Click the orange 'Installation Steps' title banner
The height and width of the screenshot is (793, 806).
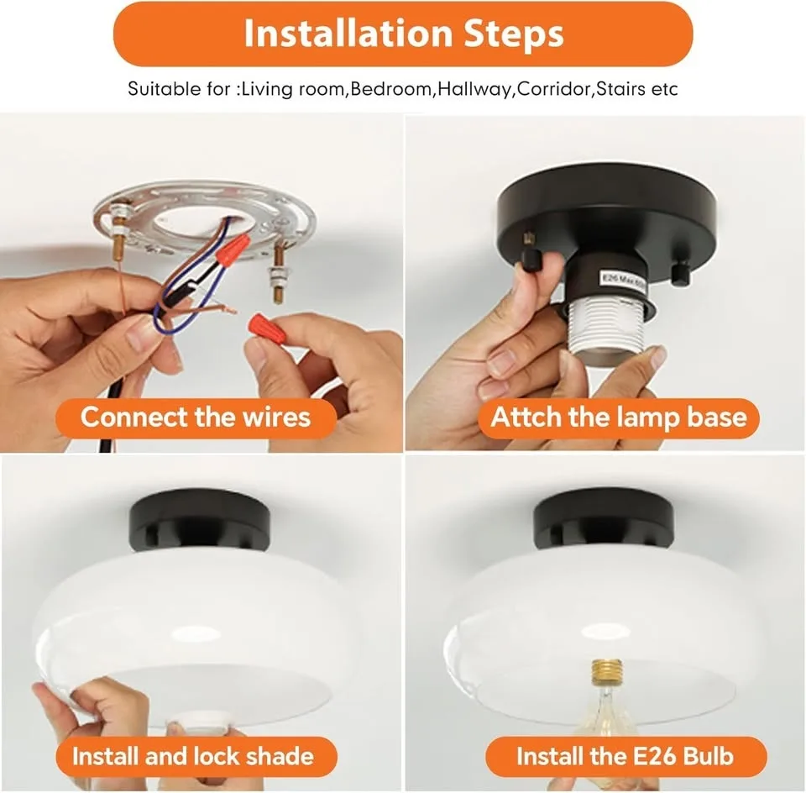(x=403, y=34)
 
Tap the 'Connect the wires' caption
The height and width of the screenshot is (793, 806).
(x=196, y=417)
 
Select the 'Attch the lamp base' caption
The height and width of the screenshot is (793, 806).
(x=619, y=417)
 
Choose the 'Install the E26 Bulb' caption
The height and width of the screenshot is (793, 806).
(x=625, y=756)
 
